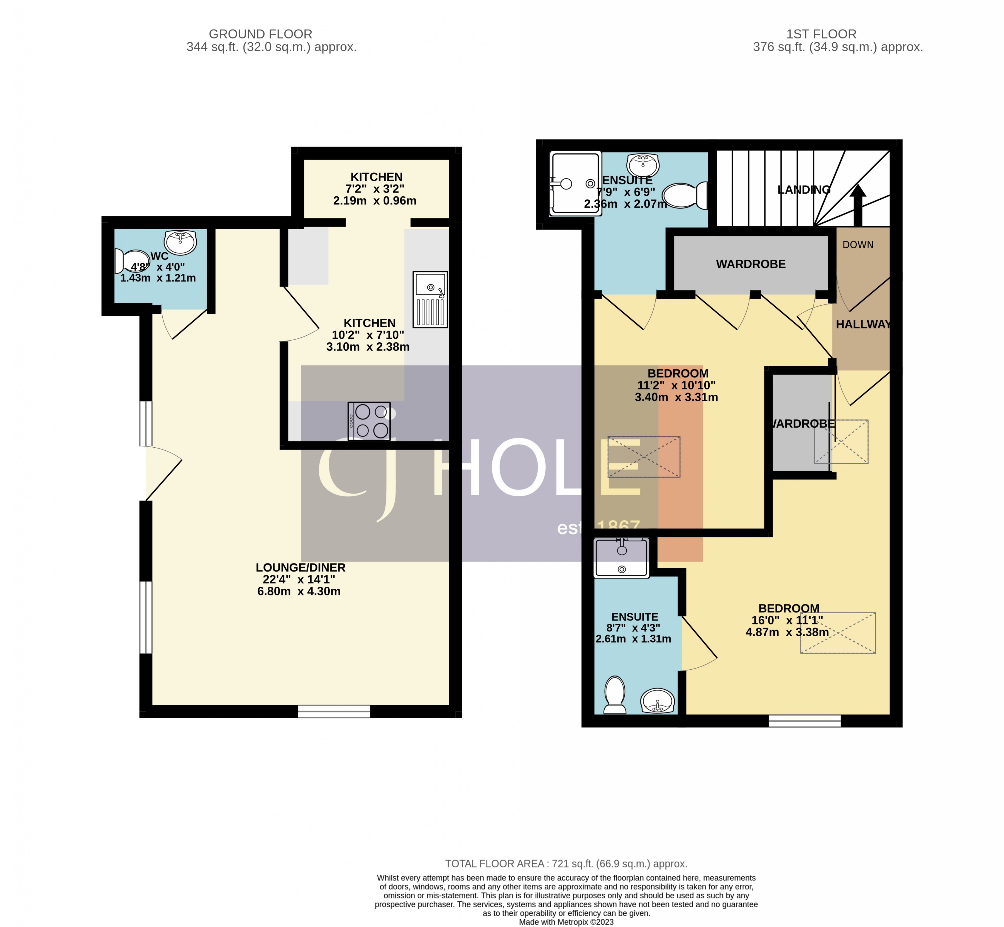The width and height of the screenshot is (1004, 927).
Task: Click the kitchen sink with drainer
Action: [430, 299]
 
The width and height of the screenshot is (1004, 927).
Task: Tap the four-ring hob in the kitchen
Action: [369, 421]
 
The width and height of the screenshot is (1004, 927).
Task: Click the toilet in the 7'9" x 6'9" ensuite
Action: [685, 196]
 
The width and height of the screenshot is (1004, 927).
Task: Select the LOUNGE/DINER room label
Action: [301, 567]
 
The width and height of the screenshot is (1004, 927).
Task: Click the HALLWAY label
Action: [863, 325]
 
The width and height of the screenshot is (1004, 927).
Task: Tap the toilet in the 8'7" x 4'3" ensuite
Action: [615, 695]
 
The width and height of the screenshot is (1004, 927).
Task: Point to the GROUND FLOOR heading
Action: [260, 34]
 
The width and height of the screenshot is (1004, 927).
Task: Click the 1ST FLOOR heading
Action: [821, 34]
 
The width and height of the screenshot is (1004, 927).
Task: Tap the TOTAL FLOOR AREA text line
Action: [566, 864]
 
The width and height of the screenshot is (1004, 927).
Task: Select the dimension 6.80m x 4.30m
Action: [299, 591]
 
